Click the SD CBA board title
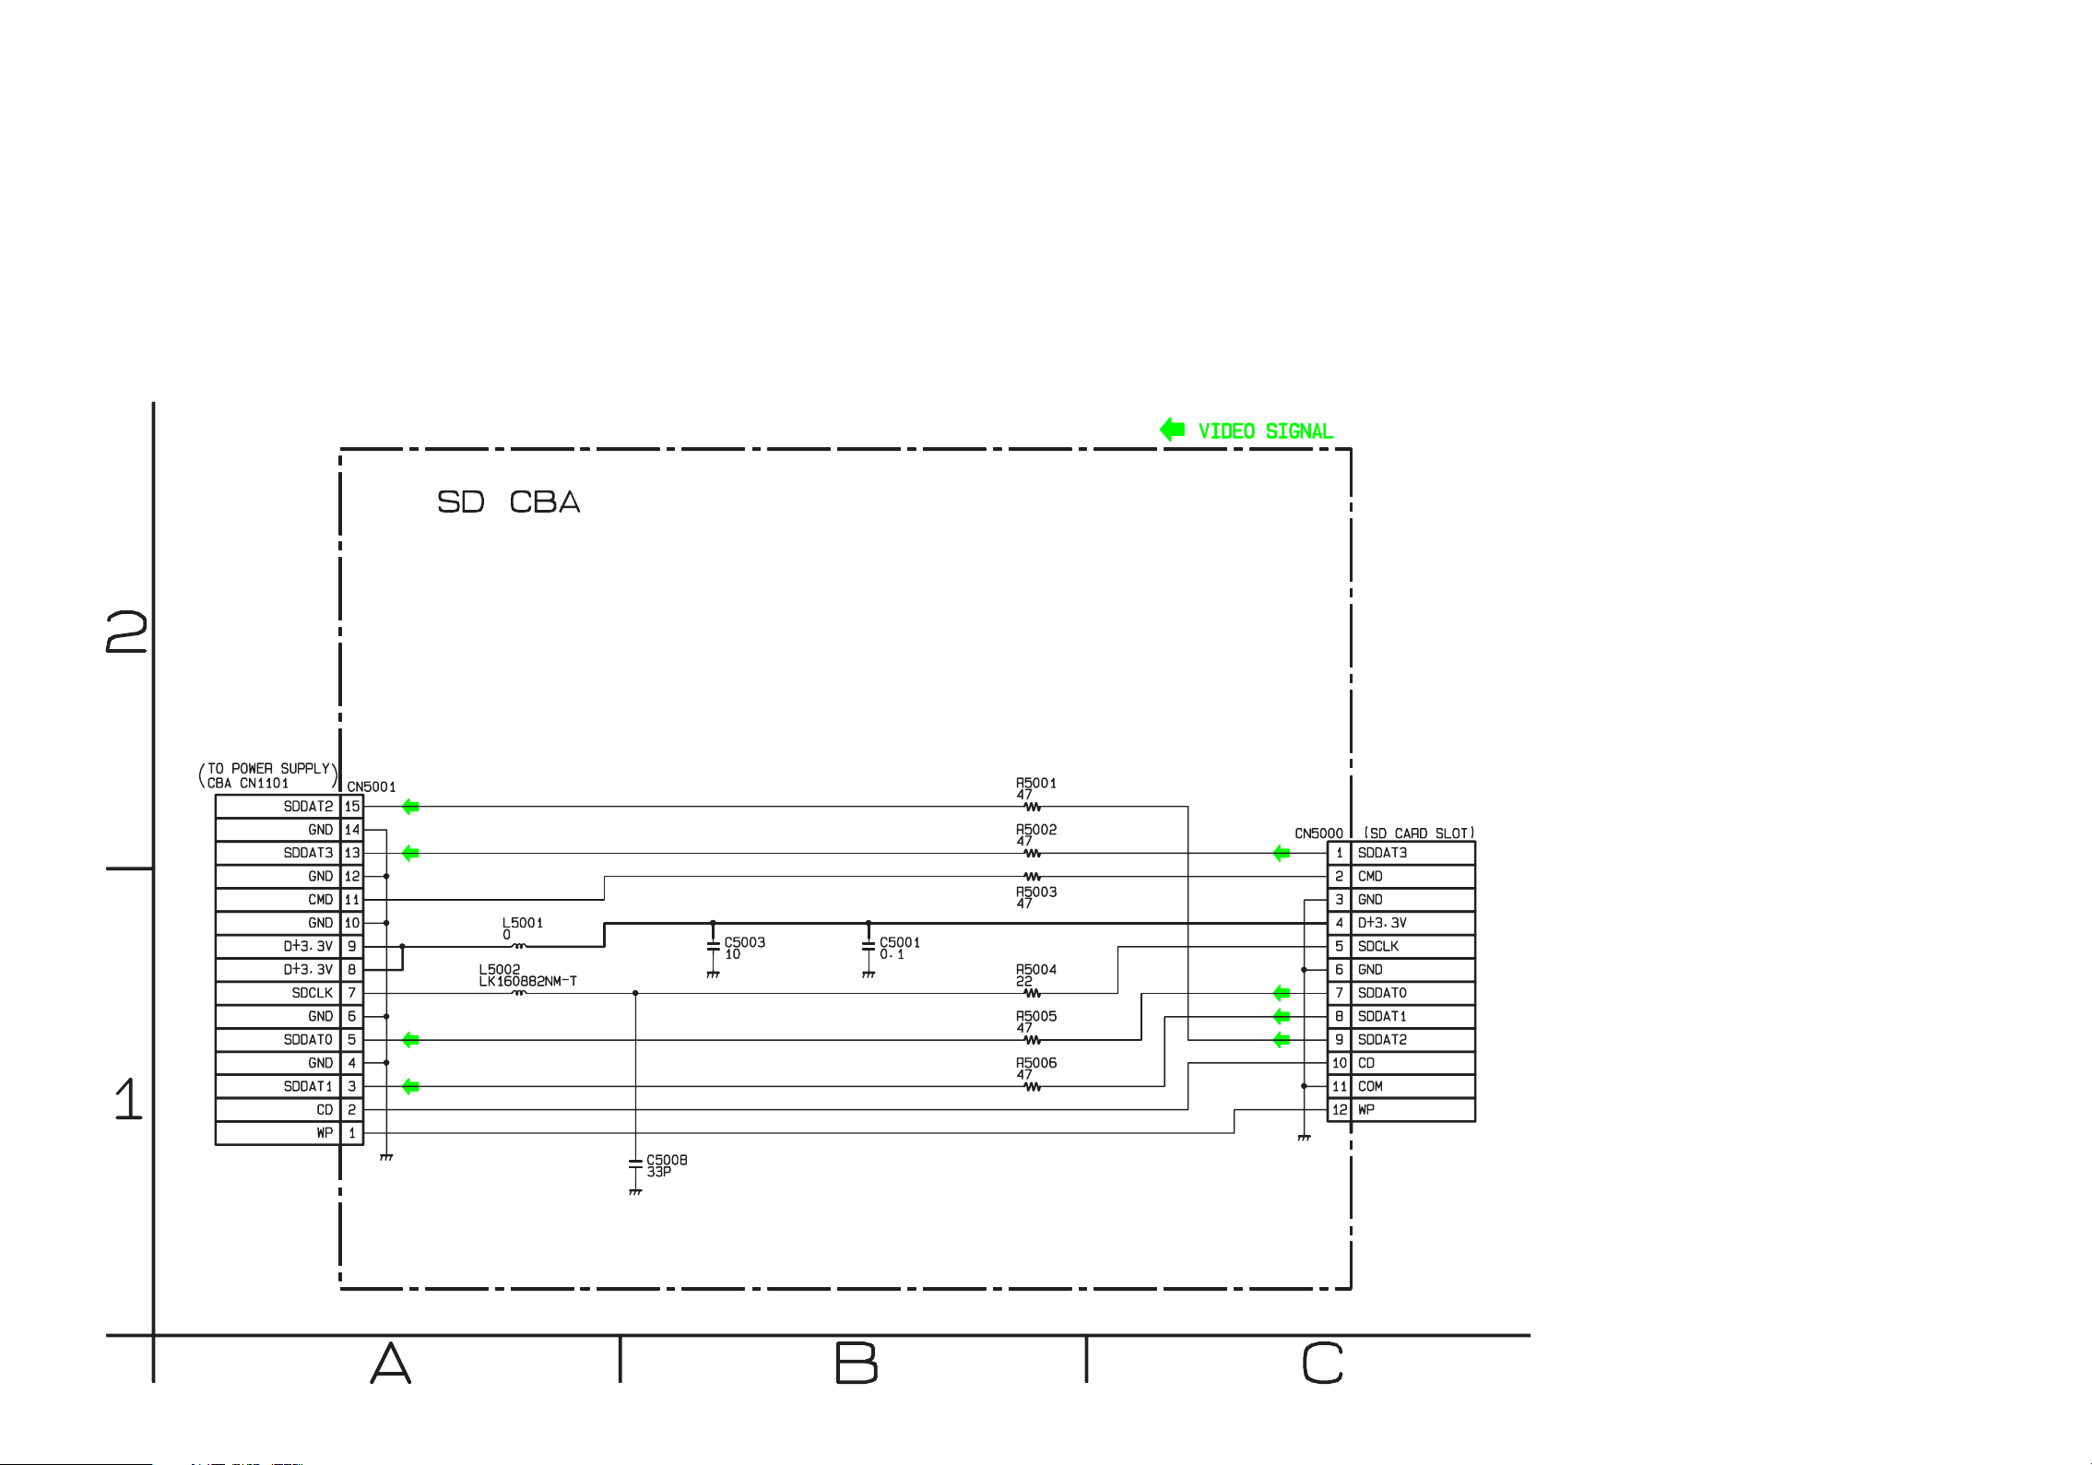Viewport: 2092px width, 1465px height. point(508,502)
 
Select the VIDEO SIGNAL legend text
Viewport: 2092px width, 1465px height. point(1265,431)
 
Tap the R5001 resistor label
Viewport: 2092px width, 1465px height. point(1036,783)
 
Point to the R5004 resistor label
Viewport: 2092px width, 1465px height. point(1036,969)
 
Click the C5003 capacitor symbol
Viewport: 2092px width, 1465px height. point(713,947)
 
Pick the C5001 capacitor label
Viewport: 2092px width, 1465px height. point(900,942)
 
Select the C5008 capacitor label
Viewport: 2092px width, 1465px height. point(667,1160)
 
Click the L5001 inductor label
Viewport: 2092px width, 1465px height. point(523,922)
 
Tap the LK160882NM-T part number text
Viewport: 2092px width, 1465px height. point(527,981)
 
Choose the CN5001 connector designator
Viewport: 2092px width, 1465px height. point(372,786)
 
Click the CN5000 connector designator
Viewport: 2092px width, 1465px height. point(1318,833)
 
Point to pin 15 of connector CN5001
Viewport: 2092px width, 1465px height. point(352,806)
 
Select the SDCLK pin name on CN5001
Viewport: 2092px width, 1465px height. point(313,993)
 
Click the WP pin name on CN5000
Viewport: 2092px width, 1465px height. point(1366,1109)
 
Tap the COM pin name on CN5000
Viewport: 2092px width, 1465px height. point(1370,1086)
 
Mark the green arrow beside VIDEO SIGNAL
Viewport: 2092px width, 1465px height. point(1172,430)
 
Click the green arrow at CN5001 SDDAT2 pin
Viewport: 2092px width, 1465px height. point(410,807)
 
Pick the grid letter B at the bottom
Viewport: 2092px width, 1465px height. point(856,1363)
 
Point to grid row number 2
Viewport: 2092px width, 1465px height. point(126,632)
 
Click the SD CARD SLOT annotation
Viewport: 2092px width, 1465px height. point(1419,833)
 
